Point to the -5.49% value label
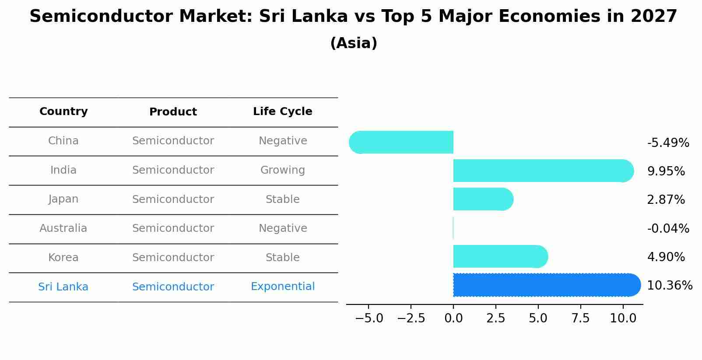(x=668, y=143)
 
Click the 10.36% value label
(x=670, y=286)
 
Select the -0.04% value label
(x=668, y=229)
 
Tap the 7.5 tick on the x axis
(x=580, y=318)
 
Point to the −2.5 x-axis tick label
(x=411, y=318)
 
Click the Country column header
(x=63, y=112)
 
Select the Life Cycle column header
(x=283, y=112)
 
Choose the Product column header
(x=173, y=112)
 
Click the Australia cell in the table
(x=63, y=228)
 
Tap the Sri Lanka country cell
(x=63, y=287)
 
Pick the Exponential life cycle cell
(x=283, y=287)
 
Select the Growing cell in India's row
(x=283, y=170)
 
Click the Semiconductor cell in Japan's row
(x=173, y=199)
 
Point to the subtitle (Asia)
(x=354, y=43)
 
